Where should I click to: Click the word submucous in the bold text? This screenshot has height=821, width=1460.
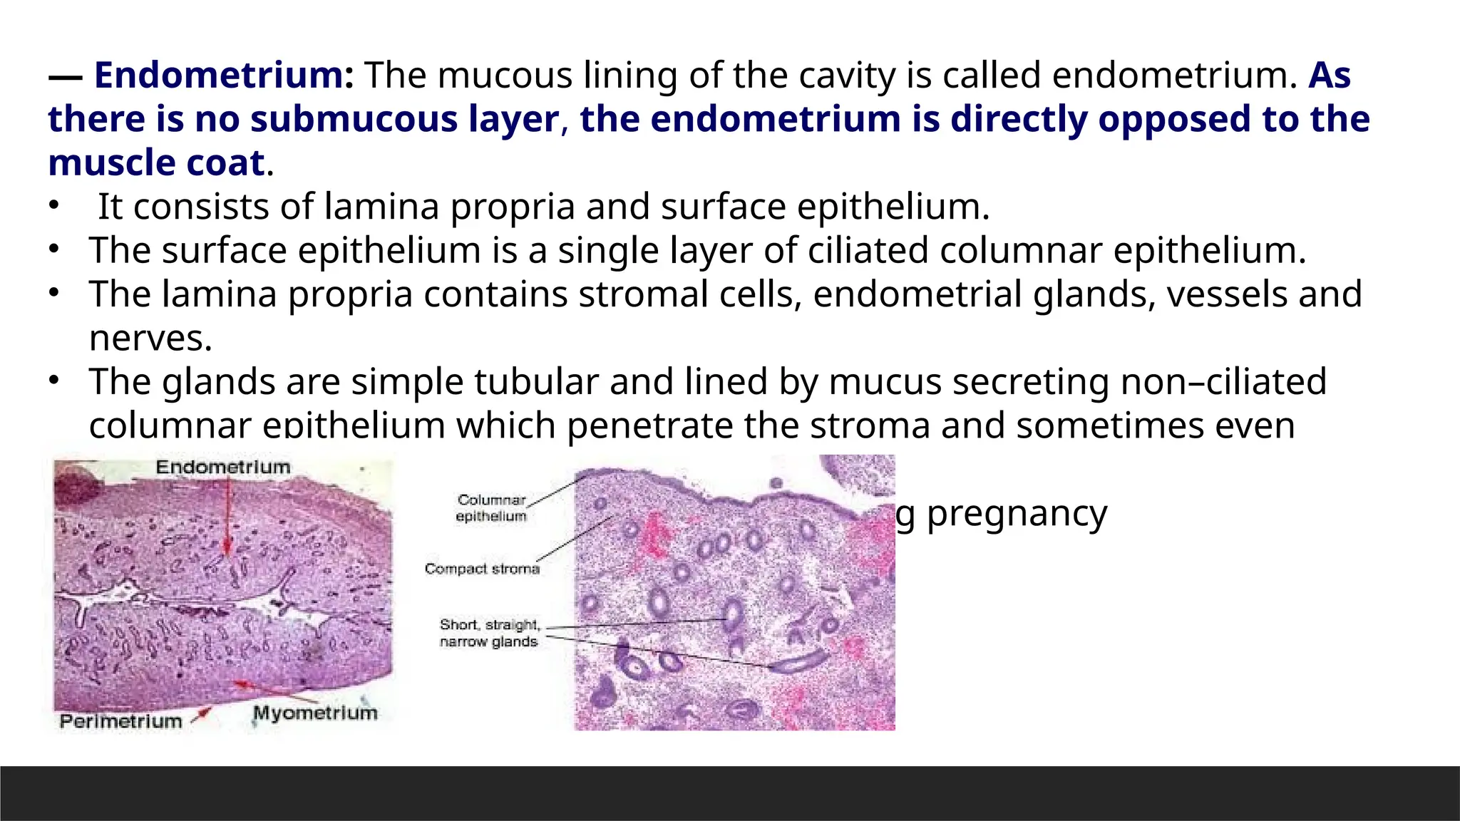353,119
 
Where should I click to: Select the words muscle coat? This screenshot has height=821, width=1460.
156,163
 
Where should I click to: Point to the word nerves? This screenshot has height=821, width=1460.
150,339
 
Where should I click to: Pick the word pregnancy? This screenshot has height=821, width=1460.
1016,513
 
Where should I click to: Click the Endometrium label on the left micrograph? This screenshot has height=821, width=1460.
223,468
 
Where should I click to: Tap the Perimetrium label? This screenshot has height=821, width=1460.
120,721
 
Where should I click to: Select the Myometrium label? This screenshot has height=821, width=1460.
315,713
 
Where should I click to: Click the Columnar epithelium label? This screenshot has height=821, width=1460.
491,508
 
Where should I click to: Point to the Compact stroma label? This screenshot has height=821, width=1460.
482,569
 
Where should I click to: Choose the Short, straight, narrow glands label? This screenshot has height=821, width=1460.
489,633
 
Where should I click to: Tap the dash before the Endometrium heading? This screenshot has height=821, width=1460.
66,76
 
